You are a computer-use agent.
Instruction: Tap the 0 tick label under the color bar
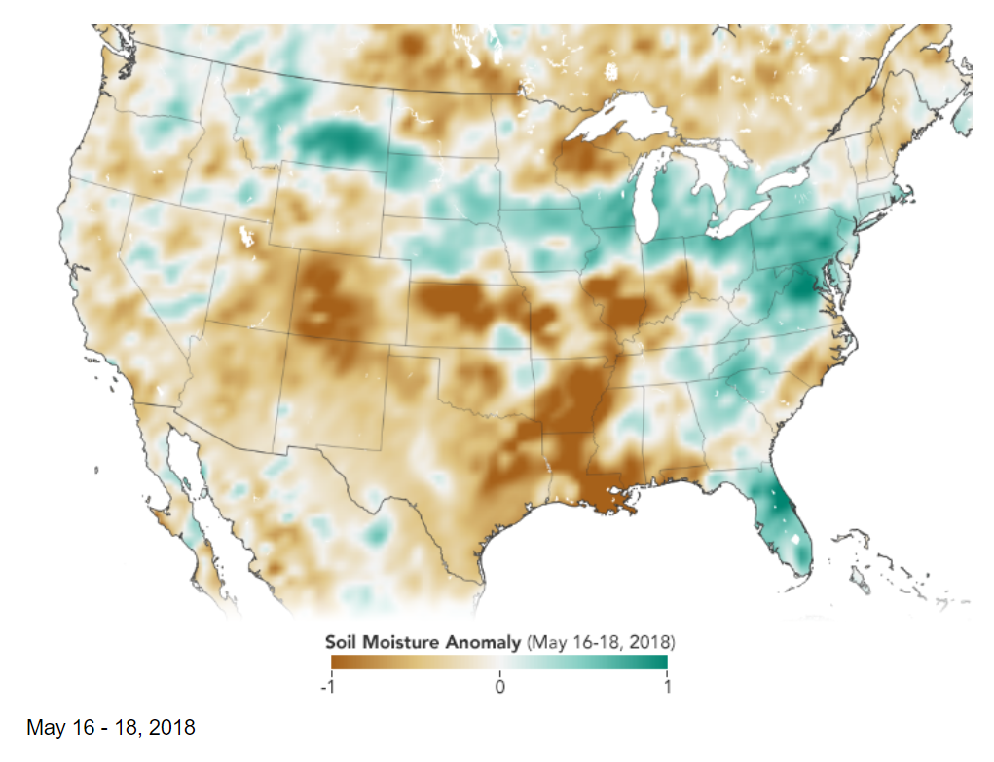[499, 686]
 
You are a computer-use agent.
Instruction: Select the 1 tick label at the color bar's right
[668, 686]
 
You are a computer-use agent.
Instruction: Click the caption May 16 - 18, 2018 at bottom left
[111, 727]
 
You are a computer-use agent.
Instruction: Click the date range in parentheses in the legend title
[601, 643]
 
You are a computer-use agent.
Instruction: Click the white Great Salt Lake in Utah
[242, 235]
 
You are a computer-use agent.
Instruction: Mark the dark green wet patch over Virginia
[802, 286]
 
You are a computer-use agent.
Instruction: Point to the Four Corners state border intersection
[288, 332]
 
